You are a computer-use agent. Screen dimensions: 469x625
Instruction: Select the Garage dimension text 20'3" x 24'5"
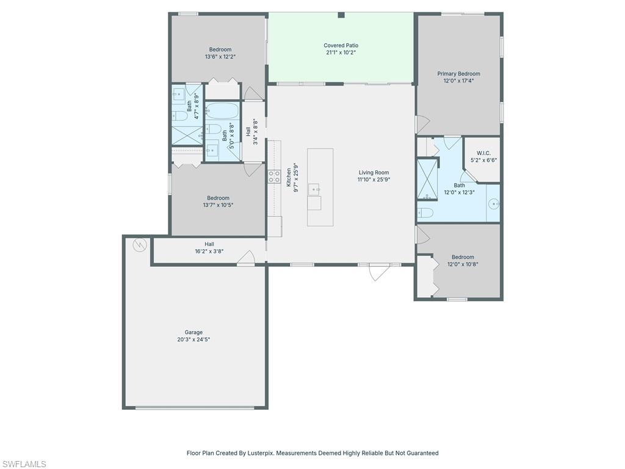point(193,340)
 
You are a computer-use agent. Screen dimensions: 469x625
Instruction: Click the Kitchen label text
point(289,177)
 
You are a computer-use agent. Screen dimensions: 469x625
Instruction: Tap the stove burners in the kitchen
point(274,176)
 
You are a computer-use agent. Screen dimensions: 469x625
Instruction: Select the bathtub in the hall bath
point(222,111)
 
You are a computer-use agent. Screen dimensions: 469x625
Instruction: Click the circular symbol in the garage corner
point(140,245)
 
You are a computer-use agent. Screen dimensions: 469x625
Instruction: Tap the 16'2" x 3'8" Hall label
point(209,247)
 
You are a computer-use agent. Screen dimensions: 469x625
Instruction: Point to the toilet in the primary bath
point(426,213)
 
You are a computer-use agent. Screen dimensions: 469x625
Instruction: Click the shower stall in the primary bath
point(427,179)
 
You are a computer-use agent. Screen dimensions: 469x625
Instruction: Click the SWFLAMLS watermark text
point(24,464)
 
